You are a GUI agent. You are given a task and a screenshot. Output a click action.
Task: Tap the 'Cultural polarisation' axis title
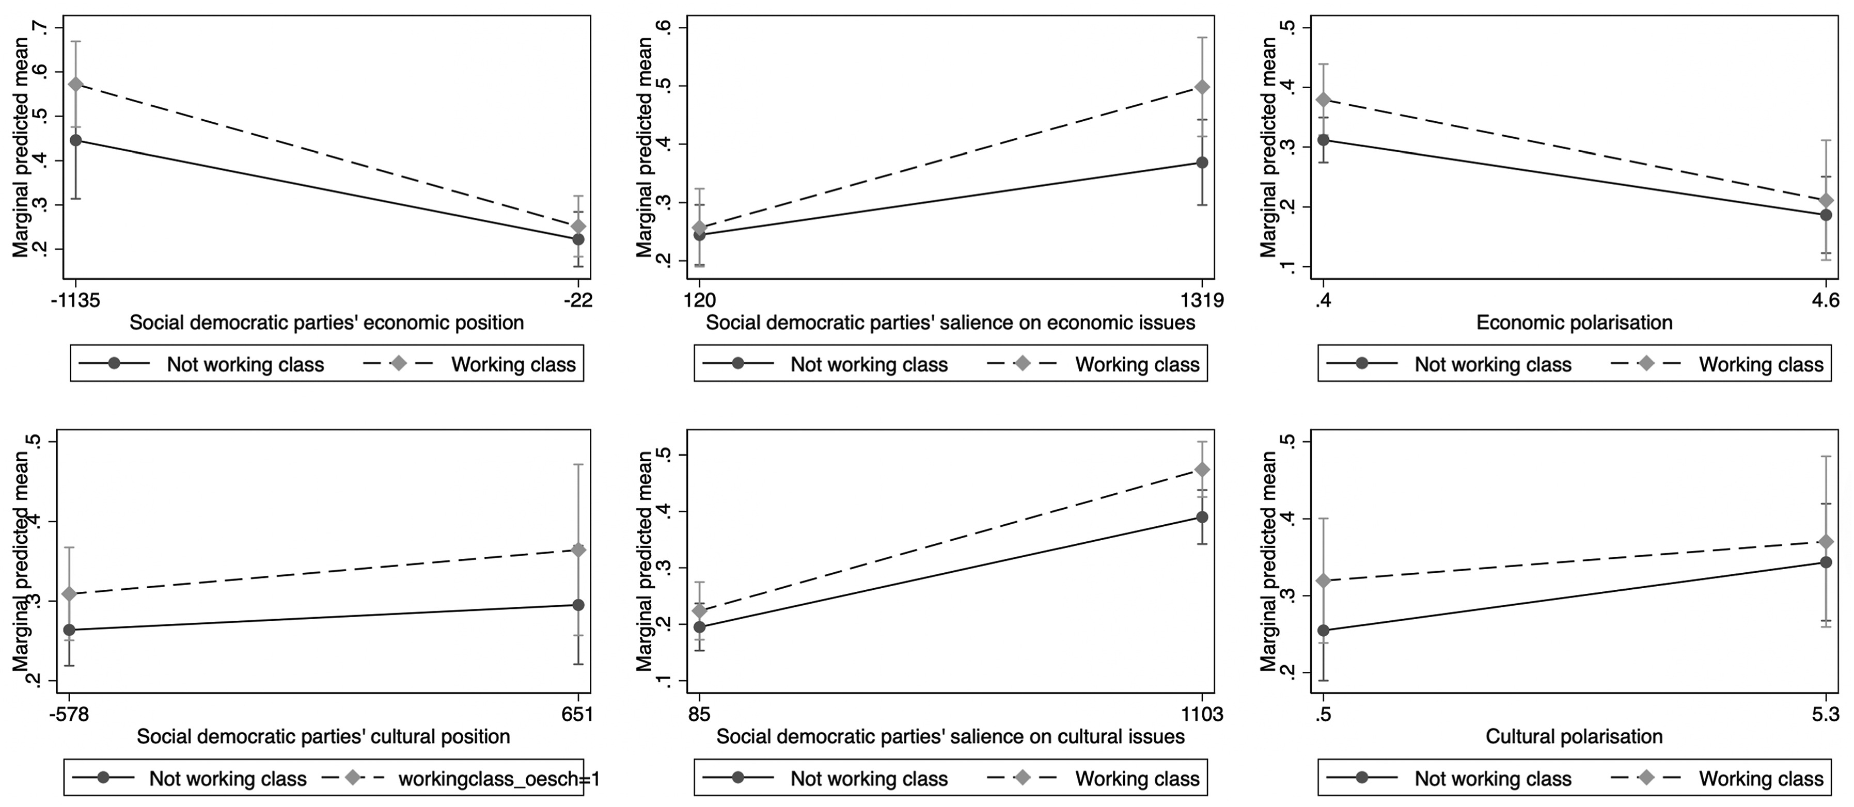tap(1574, 736)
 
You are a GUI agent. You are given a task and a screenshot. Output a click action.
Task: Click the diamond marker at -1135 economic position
tap(75, 85)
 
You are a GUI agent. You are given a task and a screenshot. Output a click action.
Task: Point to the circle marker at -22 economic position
tap(578, 239)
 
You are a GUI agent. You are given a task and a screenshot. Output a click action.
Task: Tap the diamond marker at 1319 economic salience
tap(1202, 87)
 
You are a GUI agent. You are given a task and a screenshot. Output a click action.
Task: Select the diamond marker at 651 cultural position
tap(578, 550)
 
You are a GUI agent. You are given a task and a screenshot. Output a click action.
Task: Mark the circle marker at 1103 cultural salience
tap(1202, 517)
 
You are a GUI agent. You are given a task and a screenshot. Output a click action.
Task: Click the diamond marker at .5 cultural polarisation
tap(1323, 580)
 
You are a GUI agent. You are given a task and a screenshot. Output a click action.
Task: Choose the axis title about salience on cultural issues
tap(950, 736)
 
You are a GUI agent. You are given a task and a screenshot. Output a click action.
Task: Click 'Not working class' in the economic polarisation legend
tap(1492, 365)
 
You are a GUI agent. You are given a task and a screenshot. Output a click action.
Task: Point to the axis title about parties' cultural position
tap(323, 736)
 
